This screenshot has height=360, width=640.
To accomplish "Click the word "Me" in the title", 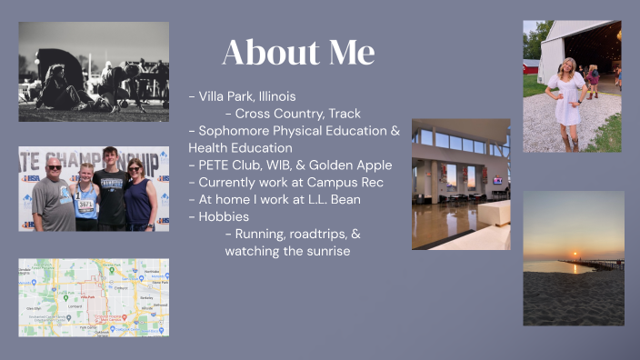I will pyautogui.click(x=347, y=53).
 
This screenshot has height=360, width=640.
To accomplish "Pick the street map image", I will pyautogui.click(x=94, y=297).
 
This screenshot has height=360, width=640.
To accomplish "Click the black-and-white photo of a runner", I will pyautogui.click(x=94, y=72).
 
